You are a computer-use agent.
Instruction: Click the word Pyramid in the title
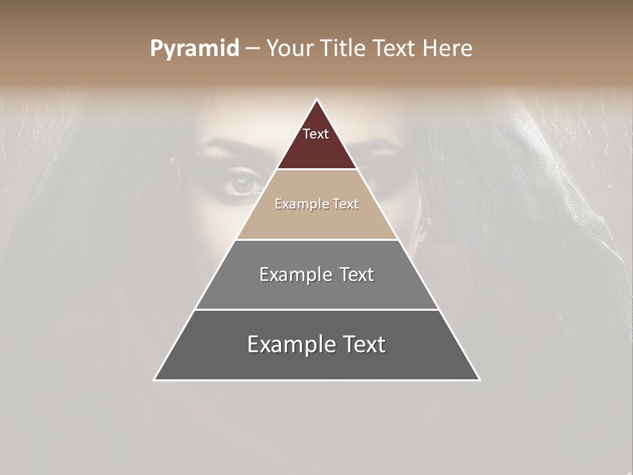(195, 49)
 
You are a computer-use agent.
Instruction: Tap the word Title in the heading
(346, 49)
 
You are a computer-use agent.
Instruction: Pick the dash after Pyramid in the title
(253, 49)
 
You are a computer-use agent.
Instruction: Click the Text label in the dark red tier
(316, 134)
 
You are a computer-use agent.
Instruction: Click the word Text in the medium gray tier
(357, 274)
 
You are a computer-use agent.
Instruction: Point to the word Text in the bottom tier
(363, 344)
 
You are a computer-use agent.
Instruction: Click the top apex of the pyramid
(317, 100)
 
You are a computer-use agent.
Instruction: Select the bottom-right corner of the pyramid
(479, 379)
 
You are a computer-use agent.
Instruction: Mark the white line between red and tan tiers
(317, 170)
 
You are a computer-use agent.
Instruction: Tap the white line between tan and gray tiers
(317, 239)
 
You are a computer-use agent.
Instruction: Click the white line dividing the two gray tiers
(317, 309)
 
